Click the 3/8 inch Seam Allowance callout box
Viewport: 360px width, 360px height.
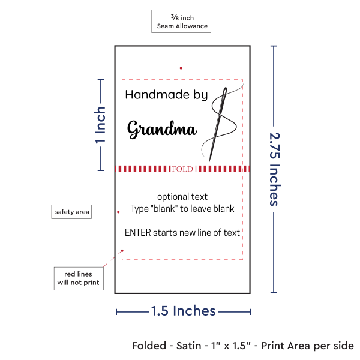coord(181,22)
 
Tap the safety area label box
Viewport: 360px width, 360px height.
coord(71,212)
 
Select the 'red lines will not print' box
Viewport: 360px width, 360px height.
coord(79,278)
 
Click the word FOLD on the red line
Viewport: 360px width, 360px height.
coord(182,169)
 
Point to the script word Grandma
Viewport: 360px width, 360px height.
coord(162,129)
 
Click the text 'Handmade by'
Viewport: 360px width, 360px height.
coord(166,95)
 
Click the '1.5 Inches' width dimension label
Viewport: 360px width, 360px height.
coord(183,311)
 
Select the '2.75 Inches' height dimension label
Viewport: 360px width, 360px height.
coord(275,169)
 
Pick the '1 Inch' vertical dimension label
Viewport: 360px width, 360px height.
coord(100,125)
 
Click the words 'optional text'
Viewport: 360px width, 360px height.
coord(182,197)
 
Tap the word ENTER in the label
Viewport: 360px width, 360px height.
coord(138,233)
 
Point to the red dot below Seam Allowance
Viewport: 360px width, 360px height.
coord(181,68)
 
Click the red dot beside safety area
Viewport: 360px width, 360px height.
coord(118,212)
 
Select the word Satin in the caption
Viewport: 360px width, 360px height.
coord(189,346)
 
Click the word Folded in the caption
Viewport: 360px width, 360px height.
coord(149,346)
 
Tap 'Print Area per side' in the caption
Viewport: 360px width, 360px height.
coord(307,346)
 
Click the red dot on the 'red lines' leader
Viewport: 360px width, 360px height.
coord(122,251)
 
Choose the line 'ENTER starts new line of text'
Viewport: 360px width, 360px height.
coord(182,233)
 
